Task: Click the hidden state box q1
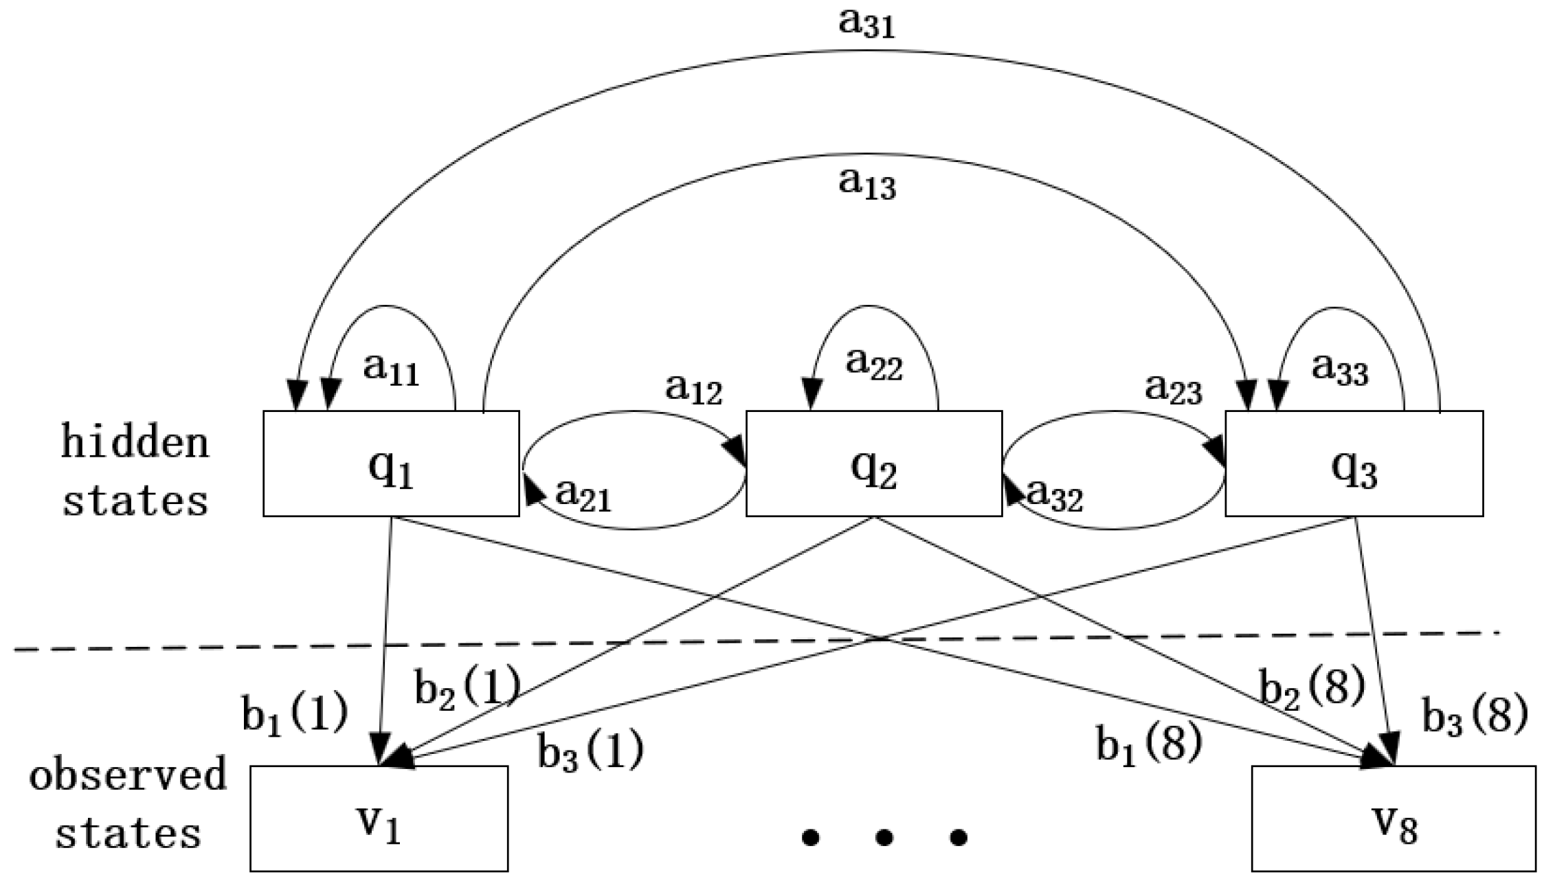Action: pos(391,464)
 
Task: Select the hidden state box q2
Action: pos(873,464)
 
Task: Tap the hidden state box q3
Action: pos(1354,464)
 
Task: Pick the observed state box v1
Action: pos(379,819)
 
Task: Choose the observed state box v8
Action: pos(1393,819)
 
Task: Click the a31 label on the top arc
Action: pos(867,25)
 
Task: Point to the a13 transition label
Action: pos(867,184)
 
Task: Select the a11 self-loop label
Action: pos(390,371)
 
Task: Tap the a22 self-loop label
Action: pos(873,363)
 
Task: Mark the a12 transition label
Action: pos(693,390)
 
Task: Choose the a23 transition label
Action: pos(1173,390)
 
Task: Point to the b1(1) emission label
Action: pos(295,717)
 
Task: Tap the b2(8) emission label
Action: pos(1311,689)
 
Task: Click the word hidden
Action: pos(135,442)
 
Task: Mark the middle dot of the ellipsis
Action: pos(884,837)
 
